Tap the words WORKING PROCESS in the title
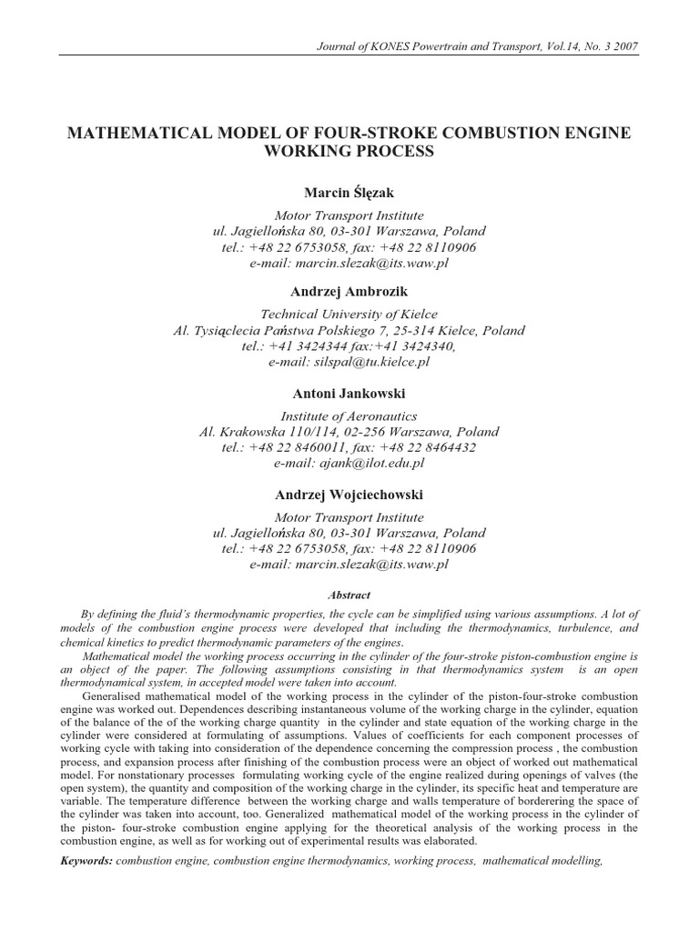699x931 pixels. tap(349, 151)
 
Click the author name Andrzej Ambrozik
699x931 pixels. tap(349, 293)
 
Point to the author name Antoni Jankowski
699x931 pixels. tap(349, 393)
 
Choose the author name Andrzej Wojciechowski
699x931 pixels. tap(349, 495)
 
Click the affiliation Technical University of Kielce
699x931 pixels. tap(349, 314)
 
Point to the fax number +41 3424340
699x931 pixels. tap(417, 345)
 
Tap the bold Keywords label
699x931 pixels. tap(86, 860)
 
